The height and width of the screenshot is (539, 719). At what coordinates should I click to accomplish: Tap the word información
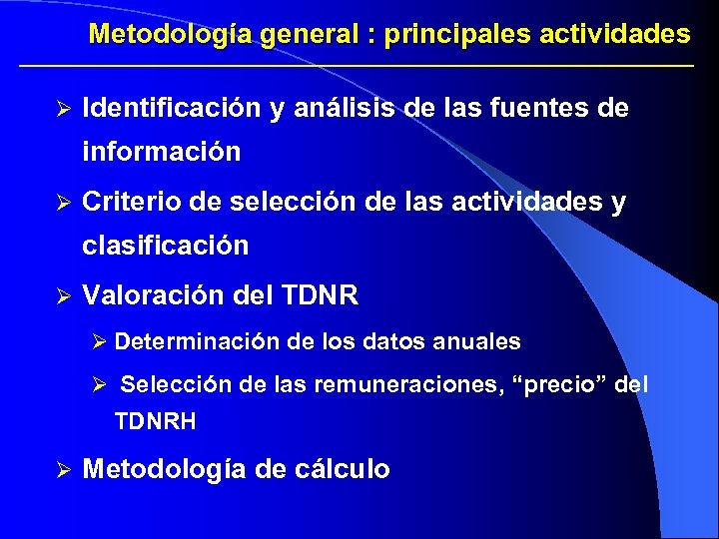(x=162, y=152)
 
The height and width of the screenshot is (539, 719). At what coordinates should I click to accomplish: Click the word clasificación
(x=166, y=246)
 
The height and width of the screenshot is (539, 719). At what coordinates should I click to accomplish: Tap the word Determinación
(x=197, y=341)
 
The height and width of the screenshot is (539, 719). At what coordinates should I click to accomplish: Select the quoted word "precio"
(x=555, y=384)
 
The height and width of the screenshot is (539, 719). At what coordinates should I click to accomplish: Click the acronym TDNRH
(x=156, y=422)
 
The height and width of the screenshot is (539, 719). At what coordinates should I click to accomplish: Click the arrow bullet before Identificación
(x=63, y=109)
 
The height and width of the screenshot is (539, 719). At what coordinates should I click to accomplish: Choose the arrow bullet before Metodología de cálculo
(x=63, y=469)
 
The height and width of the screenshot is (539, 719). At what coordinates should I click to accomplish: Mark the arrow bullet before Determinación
(x=98, y=341)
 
